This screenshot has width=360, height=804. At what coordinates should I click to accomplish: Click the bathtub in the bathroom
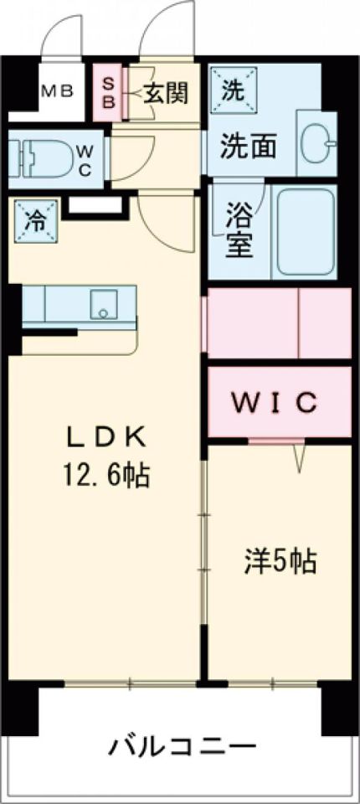(306, 231)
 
